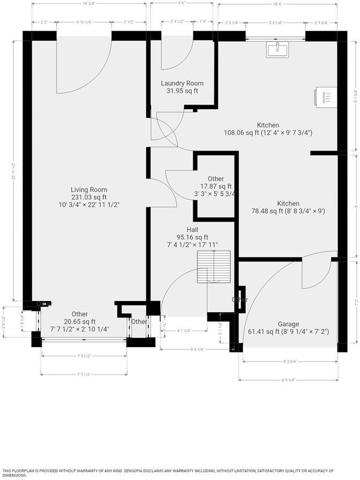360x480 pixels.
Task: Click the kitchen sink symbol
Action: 277,50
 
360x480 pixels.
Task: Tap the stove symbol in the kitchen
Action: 327,96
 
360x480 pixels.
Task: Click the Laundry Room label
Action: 182,84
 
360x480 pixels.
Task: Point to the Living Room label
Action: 89,190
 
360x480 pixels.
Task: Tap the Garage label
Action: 288,324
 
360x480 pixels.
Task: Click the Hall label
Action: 192,229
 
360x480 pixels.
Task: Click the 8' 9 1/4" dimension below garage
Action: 288,380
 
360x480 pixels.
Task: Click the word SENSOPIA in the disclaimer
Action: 138,471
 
